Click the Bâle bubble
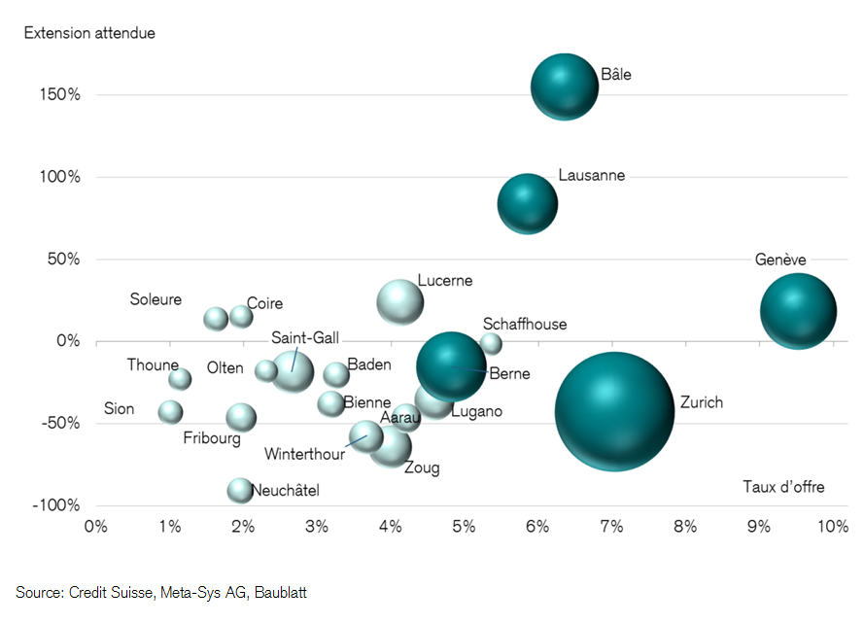[x=565, y=87]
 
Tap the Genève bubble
[x=798, y=311]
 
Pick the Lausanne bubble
[x=528, y=204]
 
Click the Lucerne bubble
[x=400, y=302]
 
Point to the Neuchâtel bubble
[x=240, y=490]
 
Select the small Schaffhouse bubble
[x=491, y=343]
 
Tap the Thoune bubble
[x=180, y=379]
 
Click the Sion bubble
[x=171, y=411]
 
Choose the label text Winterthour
[x=304, y=453]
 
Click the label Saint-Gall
[x=305, y=337]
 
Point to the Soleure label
[x=156, y=299]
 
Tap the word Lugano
[x=476, y=411]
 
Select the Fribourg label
[x=212, y=438]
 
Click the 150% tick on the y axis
[x=60, y=95]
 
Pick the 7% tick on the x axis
[x=611, y=527]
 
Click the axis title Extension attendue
[x=89, y=33]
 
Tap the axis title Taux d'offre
[x=783, y=487]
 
